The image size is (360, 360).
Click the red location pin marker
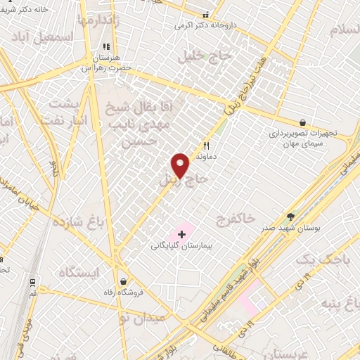point(181,166)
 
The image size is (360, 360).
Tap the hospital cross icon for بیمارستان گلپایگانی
point(182,233)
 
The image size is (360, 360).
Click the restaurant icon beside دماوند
point(206,146)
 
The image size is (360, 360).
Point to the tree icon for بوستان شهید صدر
point(291,217)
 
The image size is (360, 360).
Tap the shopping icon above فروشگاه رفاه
point(124,281)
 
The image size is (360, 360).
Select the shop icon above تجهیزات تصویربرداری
point(302,122)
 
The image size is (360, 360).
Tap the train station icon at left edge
point(32,283)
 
